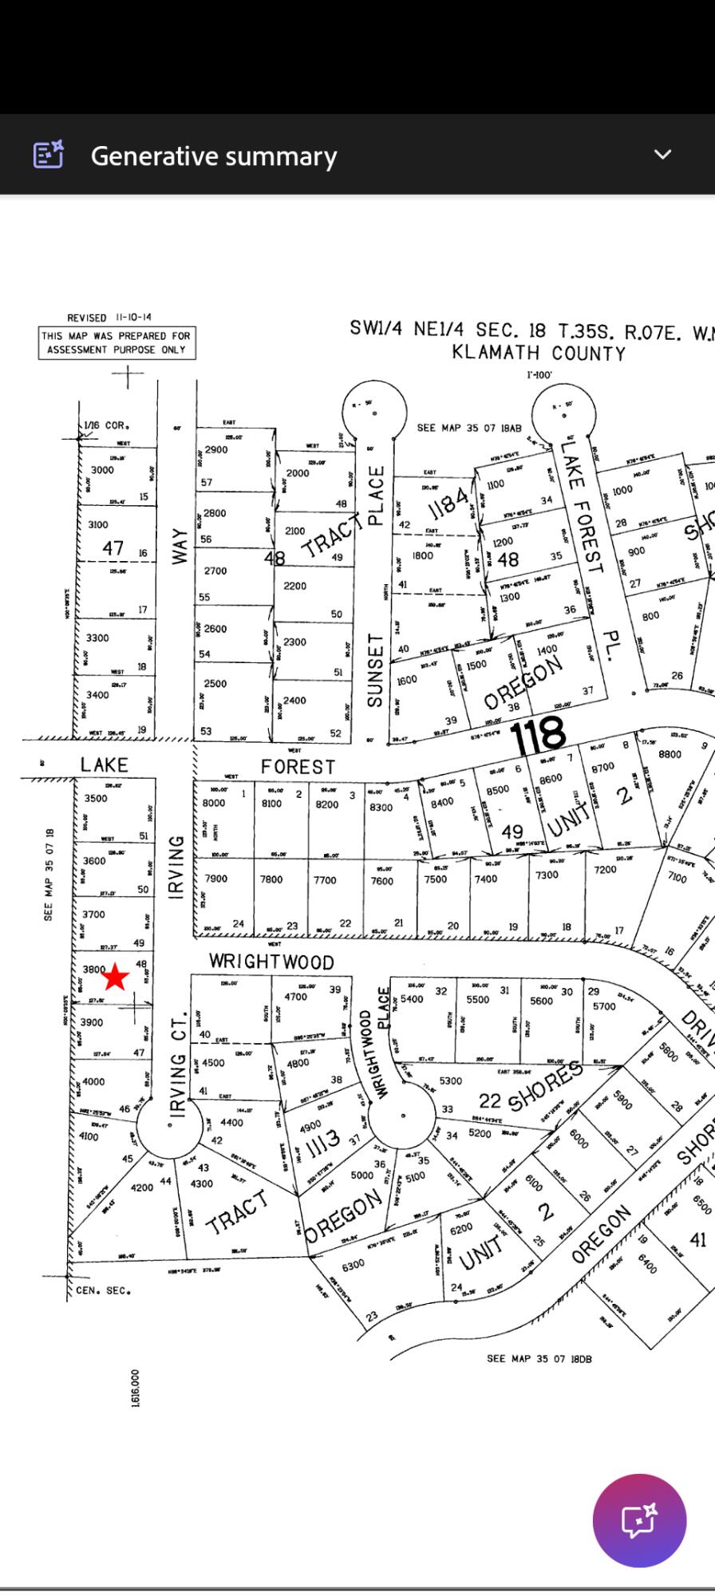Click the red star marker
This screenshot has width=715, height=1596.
click(116, 976)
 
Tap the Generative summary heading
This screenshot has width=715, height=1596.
click(214, 156)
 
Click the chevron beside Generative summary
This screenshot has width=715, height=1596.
click(662, 155)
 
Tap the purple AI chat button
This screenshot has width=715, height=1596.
click(639, 1520)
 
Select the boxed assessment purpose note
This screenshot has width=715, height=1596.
click(117, 342)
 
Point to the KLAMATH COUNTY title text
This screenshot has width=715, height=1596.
click(539, 353)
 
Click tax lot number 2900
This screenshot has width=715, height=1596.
click(215, 449)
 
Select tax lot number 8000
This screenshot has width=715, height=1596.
click(214, 804)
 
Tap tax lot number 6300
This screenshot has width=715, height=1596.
click(353, 1264)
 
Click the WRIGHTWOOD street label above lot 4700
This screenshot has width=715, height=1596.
click(271, 962)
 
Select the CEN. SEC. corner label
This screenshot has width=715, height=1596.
click(103, 1290)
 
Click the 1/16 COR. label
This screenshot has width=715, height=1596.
click(106, 425)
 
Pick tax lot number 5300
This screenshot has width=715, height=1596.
click(451, 1080)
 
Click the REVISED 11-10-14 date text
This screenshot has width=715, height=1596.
click(109, 317)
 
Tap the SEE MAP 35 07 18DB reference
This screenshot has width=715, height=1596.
click(539, 1358)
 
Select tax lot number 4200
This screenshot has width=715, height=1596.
click(142, 1187)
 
